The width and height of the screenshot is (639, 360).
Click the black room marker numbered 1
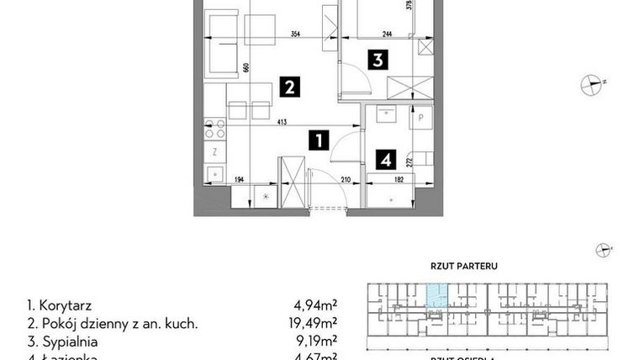pyautogui.click(x=318, y=140)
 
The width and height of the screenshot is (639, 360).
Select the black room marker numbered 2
pyautogui.click(x=288, y=86)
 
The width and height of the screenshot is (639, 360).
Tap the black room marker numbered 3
pyautogui.click(x=378, y=60)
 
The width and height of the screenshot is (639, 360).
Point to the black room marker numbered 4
pyautogui.click(x=385, y=158)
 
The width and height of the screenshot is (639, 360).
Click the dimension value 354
pyautogui.click(x=296, y=35)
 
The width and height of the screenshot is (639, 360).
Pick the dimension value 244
pyautogui.click(x=387, y=35)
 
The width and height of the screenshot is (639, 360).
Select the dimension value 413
pyautogui.click(x=282, y=123)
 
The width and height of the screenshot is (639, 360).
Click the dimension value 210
pyautogui.click(x=345, y=179)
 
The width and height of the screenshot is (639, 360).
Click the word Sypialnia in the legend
pyautogui.click(x=67, y=342)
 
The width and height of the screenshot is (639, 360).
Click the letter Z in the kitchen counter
pyautogui.click(x=215, y=152)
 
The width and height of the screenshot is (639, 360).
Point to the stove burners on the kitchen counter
pyautogui.click(x=215, y=129)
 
